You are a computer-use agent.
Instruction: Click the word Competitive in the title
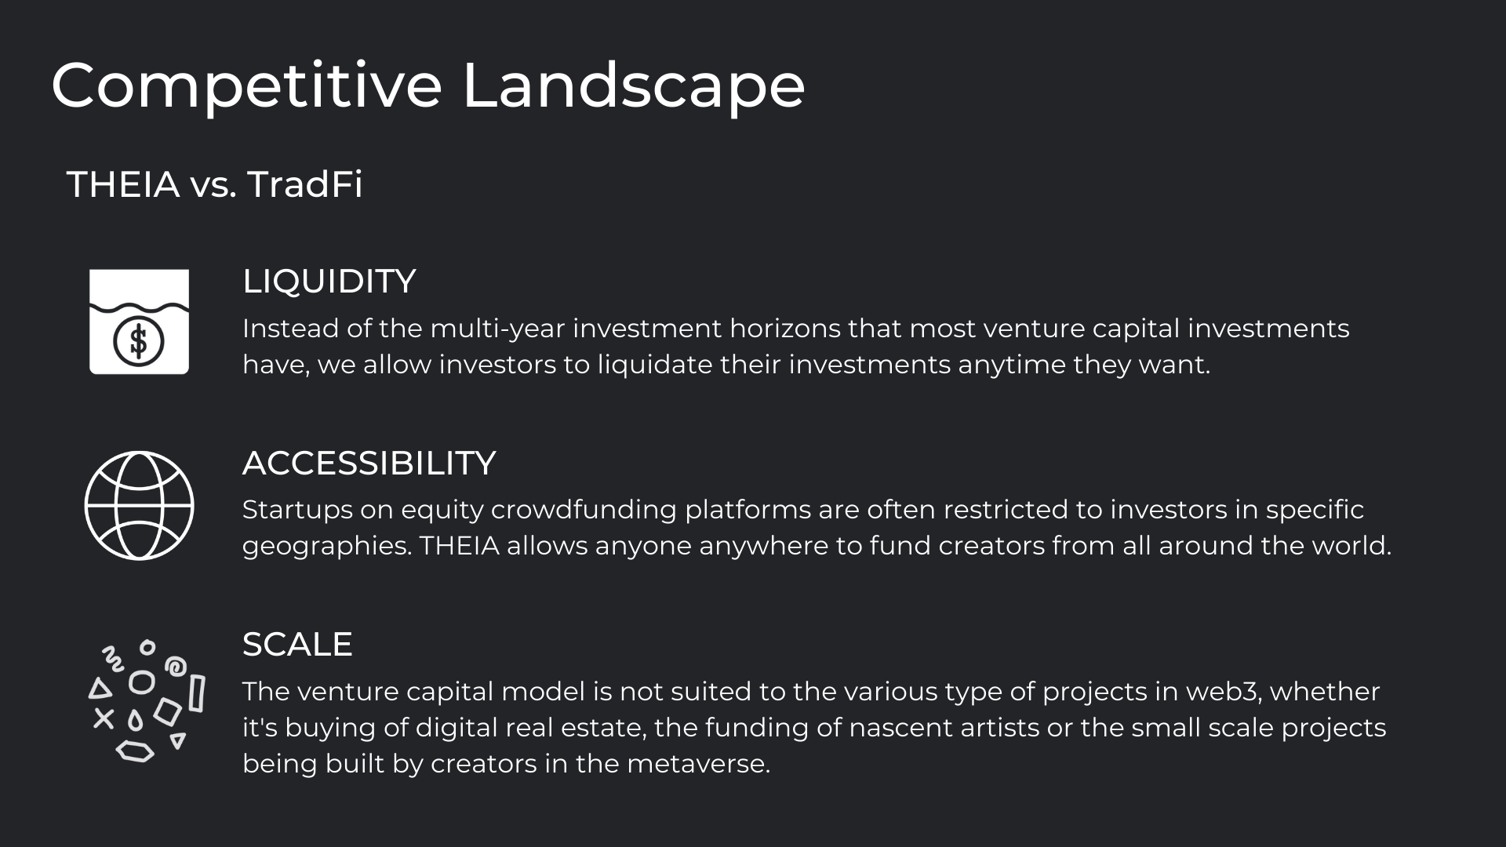[x=246, y=86]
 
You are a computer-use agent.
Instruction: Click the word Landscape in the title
[x=634, y=86]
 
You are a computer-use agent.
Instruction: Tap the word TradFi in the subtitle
[x=305, y=184]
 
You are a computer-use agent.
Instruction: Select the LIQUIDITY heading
[x=329, y=282]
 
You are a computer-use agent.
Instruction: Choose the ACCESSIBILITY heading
[x=369, y=463]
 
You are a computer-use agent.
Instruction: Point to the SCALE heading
[x=297, y=645]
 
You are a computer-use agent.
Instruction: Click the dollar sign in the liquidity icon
[x=139, y=341]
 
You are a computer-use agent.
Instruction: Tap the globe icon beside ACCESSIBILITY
[x=139, y=505]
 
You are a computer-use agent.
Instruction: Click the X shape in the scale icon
[x=104, y=718]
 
